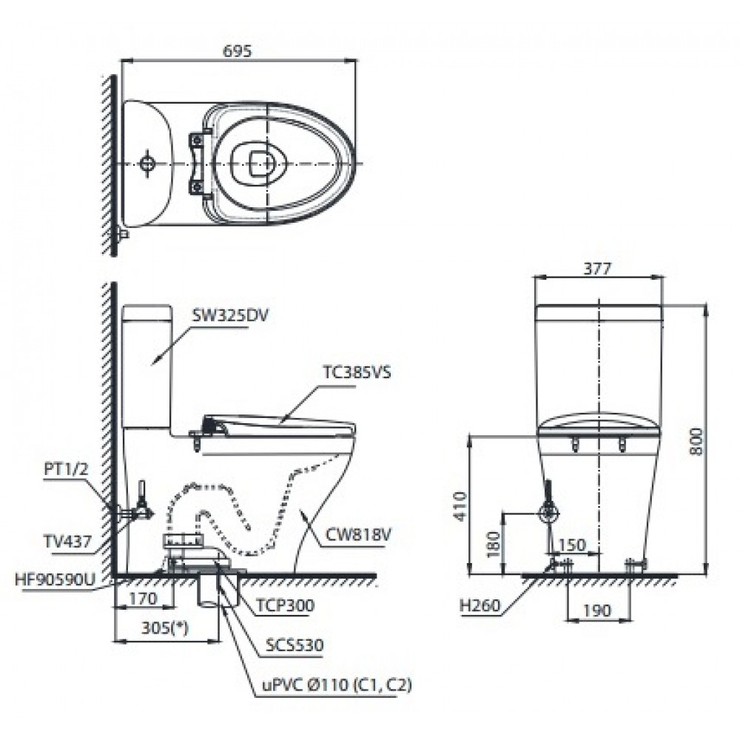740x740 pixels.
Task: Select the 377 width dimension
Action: pyautogui.click(x=596, y=269)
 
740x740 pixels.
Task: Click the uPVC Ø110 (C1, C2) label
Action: pyautogui.click(x=335, y=684)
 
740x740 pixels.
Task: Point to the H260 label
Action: pyautogui.click(x=479, y=605)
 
